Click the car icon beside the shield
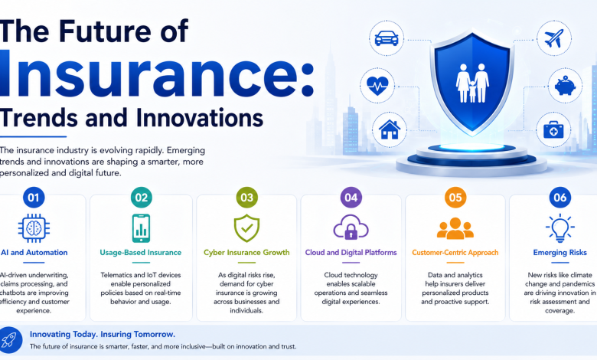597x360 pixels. tap(387, 38)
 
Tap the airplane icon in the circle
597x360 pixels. tap(554, 38)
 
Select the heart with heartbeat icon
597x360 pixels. tap(377, 86)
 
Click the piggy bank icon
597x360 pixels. tap(565, 86)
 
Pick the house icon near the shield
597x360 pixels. tap(390, 129)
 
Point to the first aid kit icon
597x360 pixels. tap(553, 130)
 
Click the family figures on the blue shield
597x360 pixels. tap(472, 83)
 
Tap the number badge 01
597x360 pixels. tap(34, 198)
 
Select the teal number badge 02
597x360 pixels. tap(142, 198)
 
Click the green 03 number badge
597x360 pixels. tap(246, 198)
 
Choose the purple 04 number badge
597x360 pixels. tap(351, 198)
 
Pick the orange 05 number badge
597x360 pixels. tap(455, 198)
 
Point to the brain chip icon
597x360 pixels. tap(34, 228)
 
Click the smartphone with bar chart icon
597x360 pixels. tap(142, 228)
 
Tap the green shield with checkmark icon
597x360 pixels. tap(246, 228)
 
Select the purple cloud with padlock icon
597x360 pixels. tap(351, 227)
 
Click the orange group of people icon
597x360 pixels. tap(455, 228)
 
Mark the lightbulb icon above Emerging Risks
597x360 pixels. tap(560, 228)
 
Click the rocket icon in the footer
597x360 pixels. tap(9, 340)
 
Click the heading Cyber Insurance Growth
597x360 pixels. tap(246, 253)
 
